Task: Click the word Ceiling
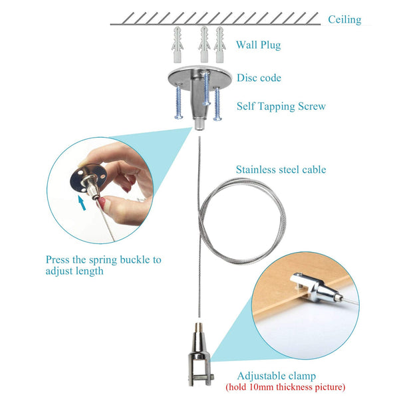click(x=344, y=20)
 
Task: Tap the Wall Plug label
click(x=258, y=45)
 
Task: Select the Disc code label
click(x=259, y=78)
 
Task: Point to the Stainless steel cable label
click(x=281, y=170)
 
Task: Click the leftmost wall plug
click(x=178, y=44)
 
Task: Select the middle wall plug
click(x=203, y=44)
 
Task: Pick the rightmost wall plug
click(x=220, y=44)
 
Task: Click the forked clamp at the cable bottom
click(x=198, y=362)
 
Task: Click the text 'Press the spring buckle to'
click(x=103, y=260)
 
